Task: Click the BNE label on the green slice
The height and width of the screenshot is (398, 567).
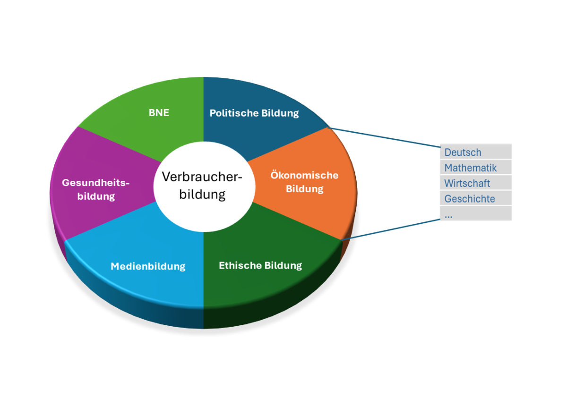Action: click(159, 113)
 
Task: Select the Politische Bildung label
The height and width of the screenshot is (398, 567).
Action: click(254, 113)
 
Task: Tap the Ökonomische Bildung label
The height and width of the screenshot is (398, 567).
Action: click(304, 182)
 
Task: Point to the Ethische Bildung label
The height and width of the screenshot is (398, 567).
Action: click(260, 265)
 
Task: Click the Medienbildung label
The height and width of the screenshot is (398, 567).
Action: click(148, 266)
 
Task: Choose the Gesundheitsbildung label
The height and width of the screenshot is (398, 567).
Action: click(96, 189)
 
